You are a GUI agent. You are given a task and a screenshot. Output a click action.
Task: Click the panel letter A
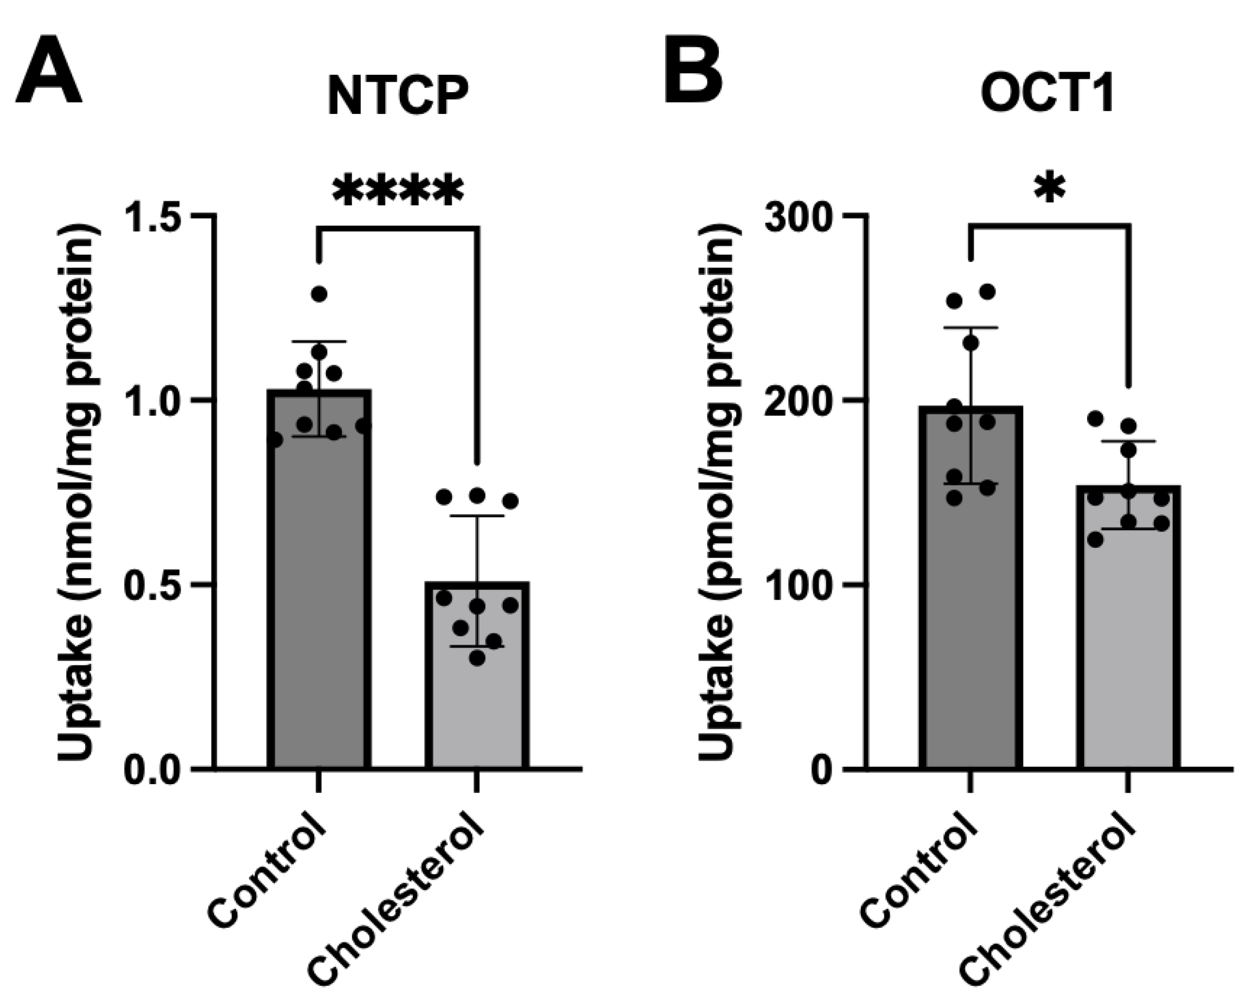(x=49, y=73)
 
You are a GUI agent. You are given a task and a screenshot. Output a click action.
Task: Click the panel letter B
(x=694, y=69)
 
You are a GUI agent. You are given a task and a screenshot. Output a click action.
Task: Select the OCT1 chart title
(x=1048, y=94)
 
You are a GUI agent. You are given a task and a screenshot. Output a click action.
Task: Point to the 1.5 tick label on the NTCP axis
(x=158, y=216)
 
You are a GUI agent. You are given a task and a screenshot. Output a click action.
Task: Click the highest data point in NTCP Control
(x=319, y=294)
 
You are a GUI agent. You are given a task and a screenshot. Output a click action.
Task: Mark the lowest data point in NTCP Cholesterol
(x=477, y=658)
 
